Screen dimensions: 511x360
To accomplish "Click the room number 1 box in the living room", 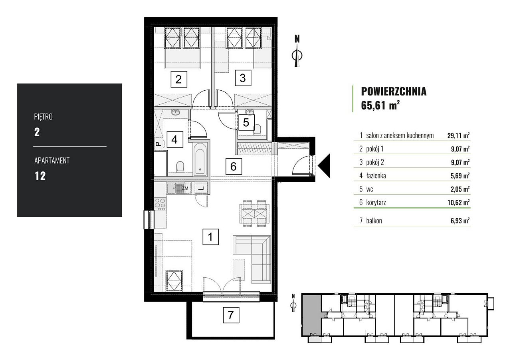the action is tap(210, 237).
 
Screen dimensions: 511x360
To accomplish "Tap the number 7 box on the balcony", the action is tap(231, 315).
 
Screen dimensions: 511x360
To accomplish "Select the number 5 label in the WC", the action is tap(246, 122).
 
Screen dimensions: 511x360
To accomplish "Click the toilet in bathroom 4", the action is tap(180, 167).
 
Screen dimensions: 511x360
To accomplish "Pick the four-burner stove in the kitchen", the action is tap(160, 204).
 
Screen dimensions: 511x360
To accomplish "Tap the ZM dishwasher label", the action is tap(185, 188).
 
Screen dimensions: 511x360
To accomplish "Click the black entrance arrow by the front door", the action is tap(324, 166).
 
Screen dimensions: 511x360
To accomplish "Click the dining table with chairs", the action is tap(254, 213).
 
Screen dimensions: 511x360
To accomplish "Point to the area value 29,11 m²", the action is tap(458, 135).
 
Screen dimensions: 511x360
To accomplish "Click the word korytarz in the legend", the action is tap(376, 203).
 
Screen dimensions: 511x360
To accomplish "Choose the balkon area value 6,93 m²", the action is tap(460, 221).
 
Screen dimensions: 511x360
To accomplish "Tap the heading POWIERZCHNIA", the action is tap(394, 91).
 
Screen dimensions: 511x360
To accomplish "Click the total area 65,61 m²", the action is tap(380, 105).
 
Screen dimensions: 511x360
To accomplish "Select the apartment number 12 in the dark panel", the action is tap(40, 176).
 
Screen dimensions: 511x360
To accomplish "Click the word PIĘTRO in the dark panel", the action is tap(44, 117).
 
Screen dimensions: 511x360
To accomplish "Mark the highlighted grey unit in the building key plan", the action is tap(312, 315).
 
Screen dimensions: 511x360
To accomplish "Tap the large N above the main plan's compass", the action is tap(297, 39).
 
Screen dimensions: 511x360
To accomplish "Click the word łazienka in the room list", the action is tap(376, 175).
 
